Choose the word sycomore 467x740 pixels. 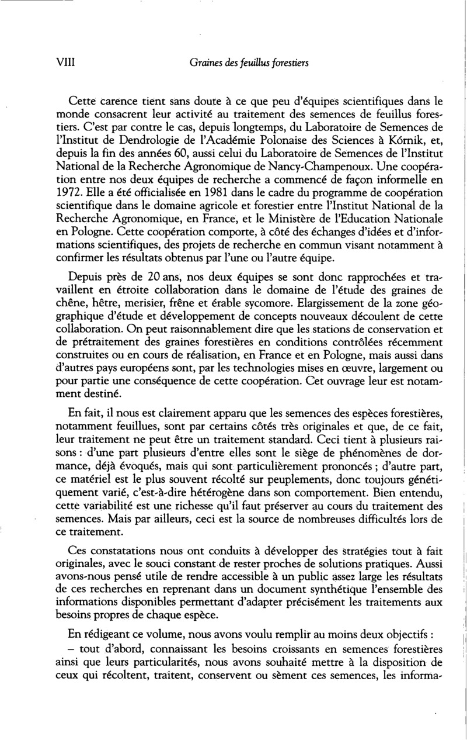pos(260,303)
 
